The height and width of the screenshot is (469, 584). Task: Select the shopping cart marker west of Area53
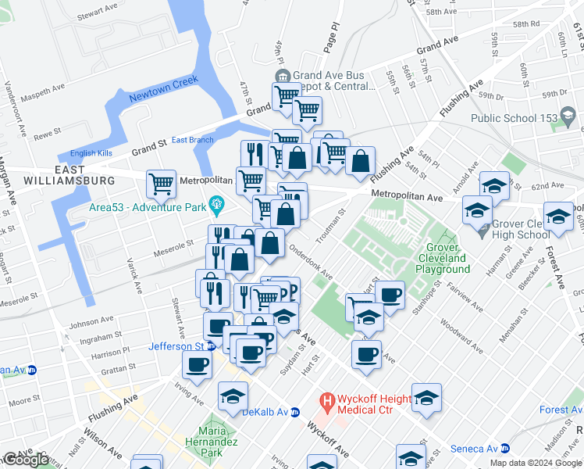click(x=161, y=184)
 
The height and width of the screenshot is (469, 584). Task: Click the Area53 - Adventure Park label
click(x=148, y=207)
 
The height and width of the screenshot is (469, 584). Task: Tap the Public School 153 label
click(x=514, y=119)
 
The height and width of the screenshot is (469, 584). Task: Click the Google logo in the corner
click(x=25, y=460)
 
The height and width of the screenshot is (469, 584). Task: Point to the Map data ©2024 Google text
click(x=535, y=463)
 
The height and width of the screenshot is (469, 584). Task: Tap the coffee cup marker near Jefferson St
click(x=197, y=363)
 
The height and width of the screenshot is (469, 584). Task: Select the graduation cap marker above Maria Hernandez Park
click(x=233, y=396)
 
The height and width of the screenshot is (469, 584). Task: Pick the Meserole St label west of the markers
click(x=173, y=245)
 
